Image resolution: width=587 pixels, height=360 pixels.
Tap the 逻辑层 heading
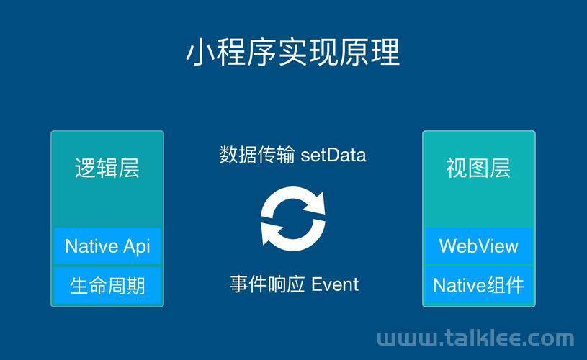(107, 168)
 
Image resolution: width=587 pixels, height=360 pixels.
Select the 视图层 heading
(478, 168)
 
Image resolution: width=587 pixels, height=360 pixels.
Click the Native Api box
(107, 246)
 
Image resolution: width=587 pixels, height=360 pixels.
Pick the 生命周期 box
(107, 286)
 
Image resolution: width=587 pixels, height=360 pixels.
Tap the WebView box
(479, 246)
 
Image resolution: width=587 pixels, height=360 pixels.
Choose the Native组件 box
(479, 286)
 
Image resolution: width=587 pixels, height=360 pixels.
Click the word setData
(333, 155)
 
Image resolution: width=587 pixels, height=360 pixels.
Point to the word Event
(335, 284)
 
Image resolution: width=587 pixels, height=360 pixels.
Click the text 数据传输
(257, 155)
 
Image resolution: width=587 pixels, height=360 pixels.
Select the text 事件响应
(267, 284)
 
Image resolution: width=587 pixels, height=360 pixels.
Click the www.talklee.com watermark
(475, 338)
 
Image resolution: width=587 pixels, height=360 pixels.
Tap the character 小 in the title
(201, 53)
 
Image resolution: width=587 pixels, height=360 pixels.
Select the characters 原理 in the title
(370, 53)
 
